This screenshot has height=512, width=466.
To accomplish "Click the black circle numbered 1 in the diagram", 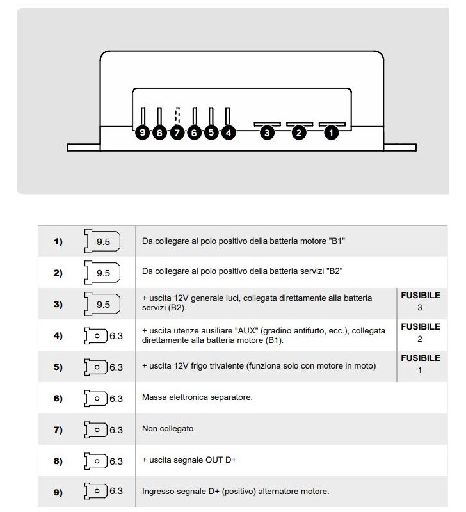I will [x=331, y=133].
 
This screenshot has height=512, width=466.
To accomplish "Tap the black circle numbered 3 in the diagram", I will [x=267, y=133].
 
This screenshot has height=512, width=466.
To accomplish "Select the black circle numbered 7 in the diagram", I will [x=177, y=133].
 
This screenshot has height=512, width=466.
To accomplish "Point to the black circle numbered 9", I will [x=143, y=133].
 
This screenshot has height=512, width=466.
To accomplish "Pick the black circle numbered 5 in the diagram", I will [x=211, y=133].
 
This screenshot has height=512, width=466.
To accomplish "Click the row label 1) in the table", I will [x=58, y=242].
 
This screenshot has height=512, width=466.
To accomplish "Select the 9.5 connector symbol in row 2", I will [x=102, y=273].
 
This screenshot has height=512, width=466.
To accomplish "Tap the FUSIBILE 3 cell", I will [x=420, y=301].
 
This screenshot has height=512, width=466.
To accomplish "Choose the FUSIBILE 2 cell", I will [x=420, y=333].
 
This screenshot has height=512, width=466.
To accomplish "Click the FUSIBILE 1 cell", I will [x=420, y=364].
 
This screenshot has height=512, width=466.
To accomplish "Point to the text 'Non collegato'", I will [x=168, y=429].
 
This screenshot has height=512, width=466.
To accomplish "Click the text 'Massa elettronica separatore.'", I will [x=197, y=397].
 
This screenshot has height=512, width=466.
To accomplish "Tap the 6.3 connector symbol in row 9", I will [x=103, y=492].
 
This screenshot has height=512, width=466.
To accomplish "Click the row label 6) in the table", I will [x=58, y=398].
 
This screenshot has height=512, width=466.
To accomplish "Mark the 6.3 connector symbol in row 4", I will [x=103, y=335].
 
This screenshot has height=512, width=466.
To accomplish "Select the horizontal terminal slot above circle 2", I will [x=299, y=124].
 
